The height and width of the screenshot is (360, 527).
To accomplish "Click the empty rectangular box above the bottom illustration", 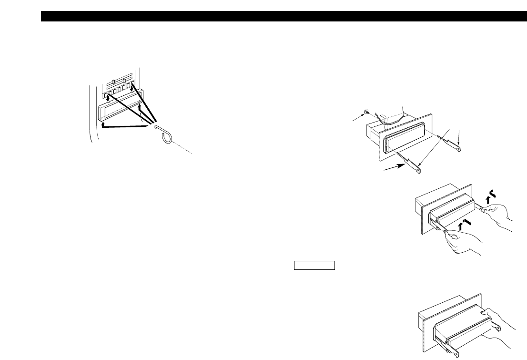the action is [x=314, y=266].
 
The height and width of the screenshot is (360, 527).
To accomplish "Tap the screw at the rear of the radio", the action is [x=365, y=112].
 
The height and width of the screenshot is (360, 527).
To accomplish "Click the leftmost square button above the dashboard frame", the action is [x=106, y=94].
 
